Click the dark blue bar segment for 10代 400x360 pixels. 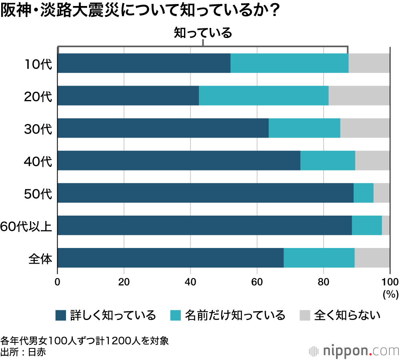click(144, 63)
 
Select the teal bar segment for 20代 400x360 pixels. click(264, 96)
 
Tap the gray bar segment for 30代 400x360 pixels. click(365, 128)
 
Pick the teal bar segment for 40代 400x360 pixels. click(328, 160)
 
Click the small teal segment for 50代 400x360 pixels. click(363, 193)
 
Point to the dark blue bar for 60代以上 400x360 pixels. click(205, 225)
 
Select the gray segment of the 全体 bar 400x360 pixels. click(372, 258)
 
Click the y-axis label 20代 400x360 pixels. click(38, 96)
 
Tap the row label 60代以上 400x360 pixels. click(26, 226)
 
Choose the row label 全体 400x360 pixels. click(40, 258)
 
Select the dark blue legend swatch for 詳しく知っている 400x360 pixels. click(60, 316)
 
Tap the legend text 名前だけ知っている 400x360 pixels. click(235, 316)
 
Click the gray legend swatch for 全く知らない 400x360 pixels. click(305, 316)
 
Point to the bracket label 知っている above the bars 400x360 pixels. click(203, 33)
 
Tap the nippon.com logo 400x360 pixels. click(354, 350)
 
